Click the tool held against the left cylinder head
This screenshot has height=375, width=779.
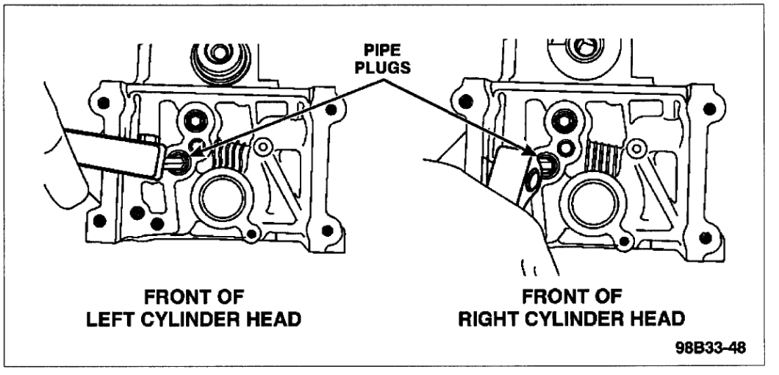(x=110, y=150)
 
